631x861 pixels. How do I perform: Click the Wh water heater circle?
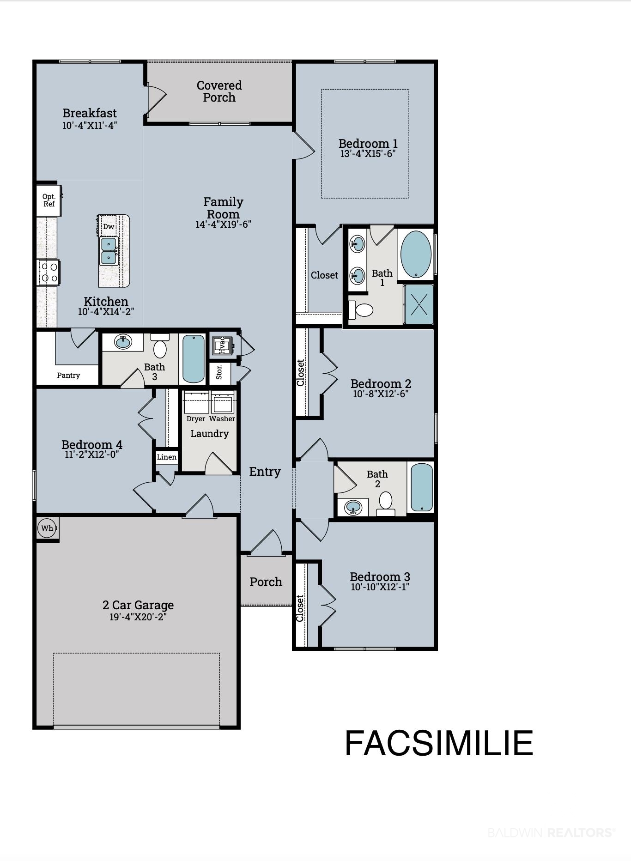click(x=47, y=528)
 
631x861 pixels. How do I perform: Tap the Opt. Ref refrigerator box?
click(x=49, y=200)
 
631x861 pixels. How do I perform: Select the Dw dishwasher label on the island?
click(x=109, y=226)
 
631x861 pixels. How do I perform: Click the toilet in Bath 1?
click(x=360, y=309)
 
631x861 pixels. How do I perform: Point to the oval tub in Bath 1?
click(x=416, y=254)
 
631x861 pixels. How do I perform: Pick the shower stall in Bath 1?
click(x=419, y=304)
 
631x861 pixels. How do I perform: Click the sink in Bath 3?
click(x=123, y=342)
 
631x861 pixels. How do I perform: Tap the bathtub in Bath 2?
click(x=421, y=487)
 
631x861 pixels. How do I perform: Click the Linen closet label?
click(x=167, y=457)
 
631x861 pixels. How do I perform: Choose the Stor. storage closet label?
click(x=219, y=372)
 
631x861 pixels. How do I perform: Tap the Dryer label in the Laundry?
click(x=196, y=419)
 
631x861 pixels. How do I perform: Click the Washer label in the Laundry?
click(x=222, y=418)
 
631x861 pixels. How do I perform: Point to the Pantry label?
click(x=68, y=375)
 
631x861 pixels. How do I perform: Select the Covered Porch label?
click(x=219, y=91)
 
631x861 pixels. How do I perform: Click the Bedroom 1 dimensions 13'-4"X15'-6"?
click(x=368, y=154)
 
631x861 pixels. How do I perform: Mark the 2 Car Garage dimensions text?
click(x=138, y=617)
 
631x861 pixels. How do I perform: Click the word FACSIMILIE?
click(x=439, y=743)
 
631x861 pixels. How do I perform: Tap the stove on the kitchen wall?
click(x=49, y=273)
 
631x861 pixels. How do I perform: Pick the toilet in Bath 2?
click(x=386, y=503)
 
